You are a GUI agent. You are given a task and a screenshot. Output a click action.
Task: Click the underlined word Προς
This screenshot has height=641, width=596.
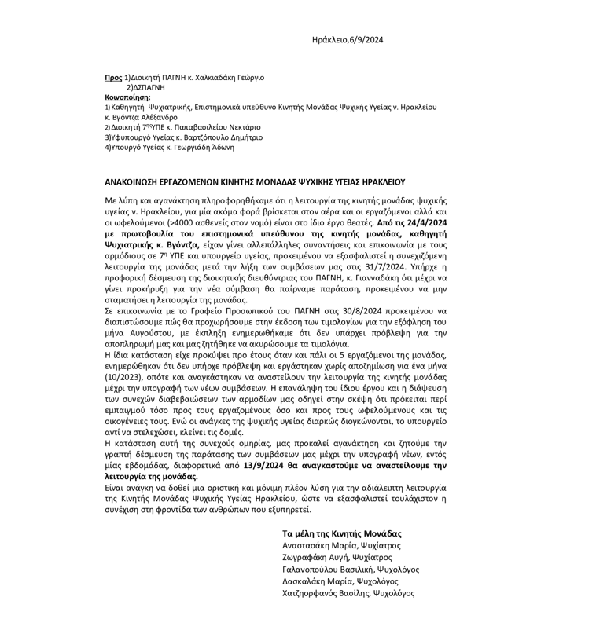(x=114, y=78)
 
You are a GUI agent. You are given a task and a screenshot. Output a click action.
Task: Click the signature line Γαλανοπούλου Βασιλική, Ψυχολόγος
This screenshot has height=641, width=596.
(x=351, y=569)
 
